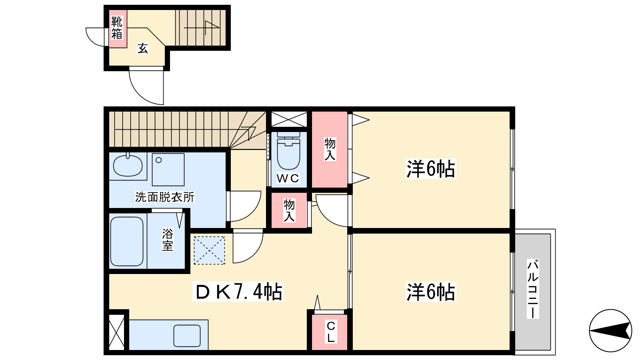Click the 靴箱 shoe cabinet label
(117, 28)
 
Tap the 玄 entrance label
(143, 48)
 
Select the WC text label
(288, 178)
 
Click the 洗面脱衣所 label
(164, 197)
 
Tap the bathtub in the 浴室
(126, 242)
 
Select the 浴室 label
(168, 240)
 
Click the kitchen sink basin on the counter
(187, 336)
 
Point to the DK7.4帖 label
(238, 292)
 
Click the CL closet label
(331, 332)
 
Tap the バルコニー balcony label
(533, 289)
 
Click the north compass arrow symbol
(610, 330)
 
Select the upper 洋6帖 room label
(431, 169)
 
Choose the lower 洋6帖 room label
(431, 292)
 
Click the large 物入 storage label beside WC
(330, 149)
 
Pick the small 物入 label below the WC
(289, 210)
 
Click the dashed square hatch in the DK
(210, 250)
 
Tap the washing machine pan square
(168, 170)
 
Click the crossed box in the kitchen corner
(117, 332)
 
